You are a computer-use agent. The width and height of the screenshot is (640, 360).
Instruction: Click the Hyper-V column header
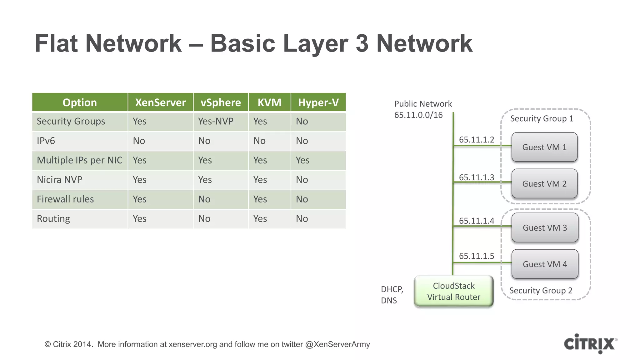318,102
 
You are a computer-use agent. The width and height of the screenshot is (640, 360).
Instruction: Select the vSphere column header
221,102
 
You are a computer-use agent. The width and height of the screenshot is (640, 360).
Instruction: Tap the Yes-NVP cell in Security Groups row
216,121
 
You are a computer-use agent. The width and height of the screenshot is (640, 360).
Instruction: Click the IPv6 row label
46,141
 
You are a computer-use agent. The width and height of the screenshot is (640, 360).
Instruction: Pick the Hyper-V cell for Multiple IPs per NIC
302,160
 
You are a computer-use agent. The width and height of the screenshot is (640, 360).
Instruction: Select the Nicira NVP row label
59,180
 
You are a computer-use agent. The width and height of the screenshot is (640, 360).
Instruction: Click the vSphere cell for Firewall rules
204,199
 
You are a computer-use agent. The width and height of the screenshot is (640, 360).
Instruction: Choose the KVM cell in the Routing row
260,218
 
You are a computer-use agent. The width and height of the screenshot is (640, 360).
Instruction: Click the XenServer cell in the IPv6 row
139,141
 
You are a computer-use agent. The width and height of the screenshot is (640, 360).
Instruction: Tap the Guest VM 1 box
544,147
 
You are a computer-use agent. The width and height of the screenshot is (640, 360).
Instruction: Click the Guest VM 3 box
545,227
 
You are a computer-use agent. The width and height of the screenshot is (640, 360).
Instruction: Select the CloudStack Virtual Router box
453,291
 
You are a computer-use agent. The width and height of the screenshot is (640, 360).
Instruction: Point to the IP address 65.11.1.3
476,177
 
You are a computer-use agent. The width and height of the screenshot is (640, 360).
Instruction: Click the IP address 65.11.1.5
476,256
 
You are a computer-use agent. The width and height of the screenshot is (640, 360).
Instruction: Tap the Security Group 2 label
541,290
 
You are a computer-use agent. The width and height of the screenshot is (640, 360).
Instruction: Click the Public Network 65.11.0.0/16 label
422,109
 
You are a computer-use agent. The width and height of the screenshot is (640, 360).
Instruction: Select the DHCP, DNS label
392,295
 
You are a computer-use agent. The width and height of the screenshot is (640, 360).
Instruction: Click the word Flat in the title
56,43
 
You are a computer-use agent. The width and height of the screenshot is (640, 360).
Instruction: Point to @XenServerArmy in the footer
337,344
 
